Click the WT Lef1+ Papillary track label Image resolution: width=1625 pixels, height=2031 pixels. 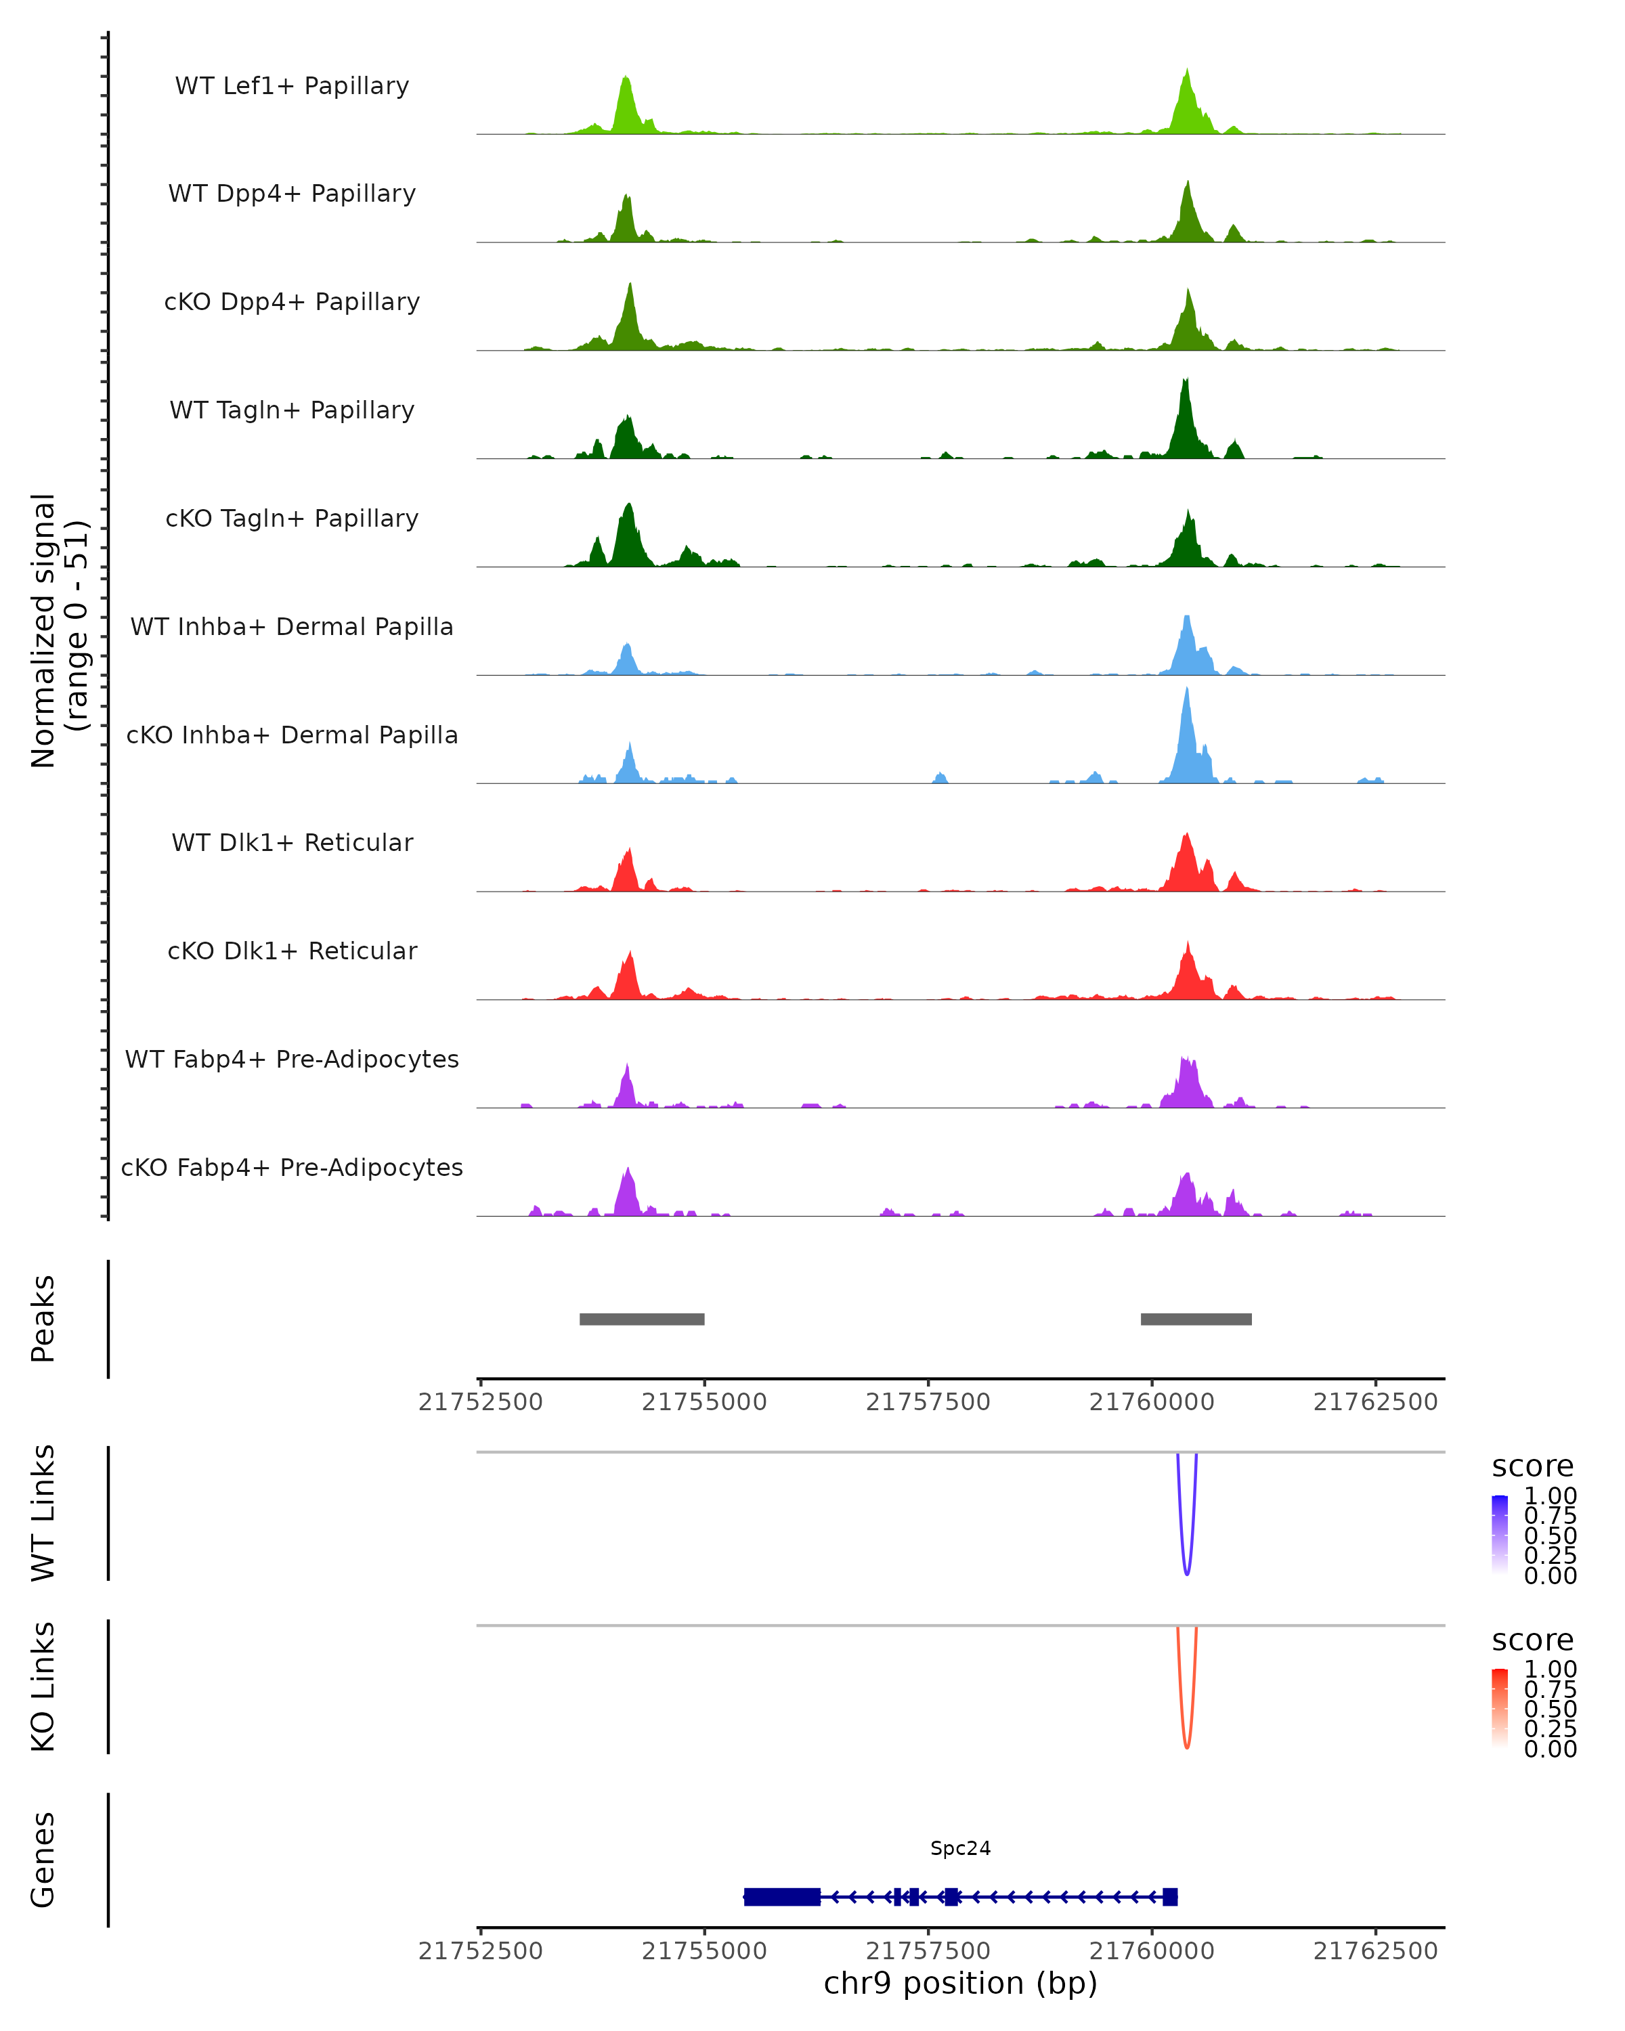click(x=292, y=86)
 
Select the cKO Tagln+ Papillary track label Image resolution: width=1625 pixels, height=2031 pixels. click(x=292, y=518)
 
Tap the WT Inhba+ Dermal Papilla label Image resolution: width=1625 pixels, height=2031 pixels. click(x=292, y=626)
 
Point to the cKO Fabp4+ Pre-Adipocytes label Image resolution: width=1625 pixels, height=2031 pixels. click(x=292, y=1167)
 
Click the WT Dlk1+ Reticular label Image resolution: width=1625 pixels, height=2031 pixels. click(x=292, y=842)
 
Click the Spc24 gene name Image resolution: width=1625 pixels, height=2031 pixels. click(x=960, y=1848)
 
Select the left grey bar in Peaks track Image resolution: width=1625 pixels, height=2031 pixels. click(x=641, y=1319)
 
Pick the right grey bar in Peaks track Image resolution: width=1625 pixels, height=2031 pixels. click(x=1196, y=1319)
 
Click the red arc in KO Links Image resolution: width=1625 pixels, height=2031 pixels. click(x=1186, y=1745)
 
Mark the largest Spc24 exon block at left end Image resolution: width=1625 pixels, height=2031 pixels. click(x=782, y=1896)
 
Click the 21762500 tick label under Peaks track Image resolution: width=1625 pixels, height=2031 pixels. click(x=1375, y=1402)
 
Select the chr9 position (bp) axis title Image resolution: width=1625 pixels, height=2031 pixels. click(x=960, y=1984)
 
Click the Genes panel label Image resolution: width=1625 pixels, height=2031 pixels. click(x=43, y=1860)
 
